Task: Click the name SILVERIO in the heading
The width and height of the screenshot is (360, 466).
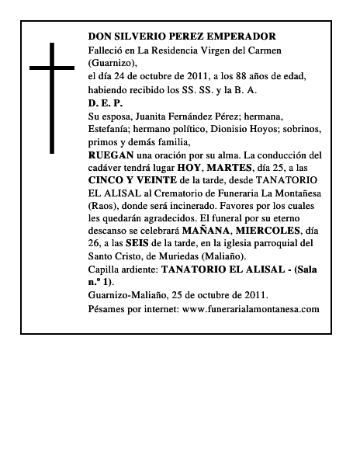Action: point(144,37)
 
